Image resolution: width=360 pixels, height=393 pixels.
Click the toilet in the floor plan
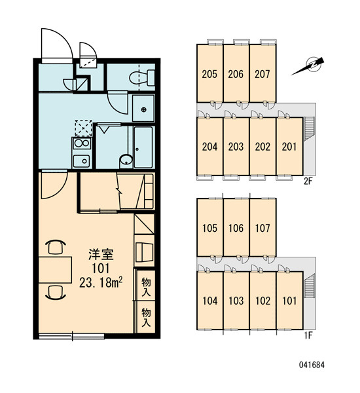click(142, 77)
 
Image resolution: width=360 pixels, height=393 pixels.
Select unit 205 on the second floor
click(209, 73)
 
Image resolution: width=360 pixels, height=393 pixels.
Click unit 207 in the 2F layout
click(262, 73)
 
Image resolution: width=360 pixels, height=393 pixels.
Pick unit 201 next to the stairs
click(289, 147)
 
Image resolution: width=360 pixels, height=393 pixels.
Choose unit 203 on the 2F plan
click(236, 147)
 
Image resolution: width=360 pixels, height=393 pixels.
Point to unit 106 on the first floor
click(236, 228)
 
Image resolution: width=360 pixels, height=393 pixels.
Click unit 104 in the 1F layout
click(209, 300)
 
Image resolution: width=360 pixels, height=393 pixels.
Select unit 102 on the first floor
click(262, 300)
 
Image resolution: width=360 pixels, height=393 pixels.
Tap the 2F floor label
click(308, 181)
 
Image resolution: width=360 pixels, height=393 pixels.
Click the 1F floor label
click(308, 335)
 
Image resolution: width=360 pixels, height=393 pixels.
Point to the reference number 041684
click(312, 365)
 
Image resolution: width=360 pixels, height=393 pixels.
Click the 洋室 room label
click(101, 254)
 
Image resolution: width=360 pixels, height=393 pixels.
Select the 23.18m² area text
click(101, 283)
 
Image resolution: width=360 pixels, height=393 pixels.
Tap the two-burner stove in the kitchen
click(82, 143)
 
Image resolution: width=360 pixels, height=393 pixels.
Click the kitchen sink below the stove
click(81, 160)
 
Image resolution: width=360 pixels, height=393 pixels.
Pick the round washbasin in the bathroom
click(126, 160)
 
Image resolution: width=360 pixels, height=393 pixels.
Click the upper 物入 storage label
click(146, 287)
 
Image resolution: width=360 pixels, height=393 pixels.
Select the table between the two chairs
click(56, 270)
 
